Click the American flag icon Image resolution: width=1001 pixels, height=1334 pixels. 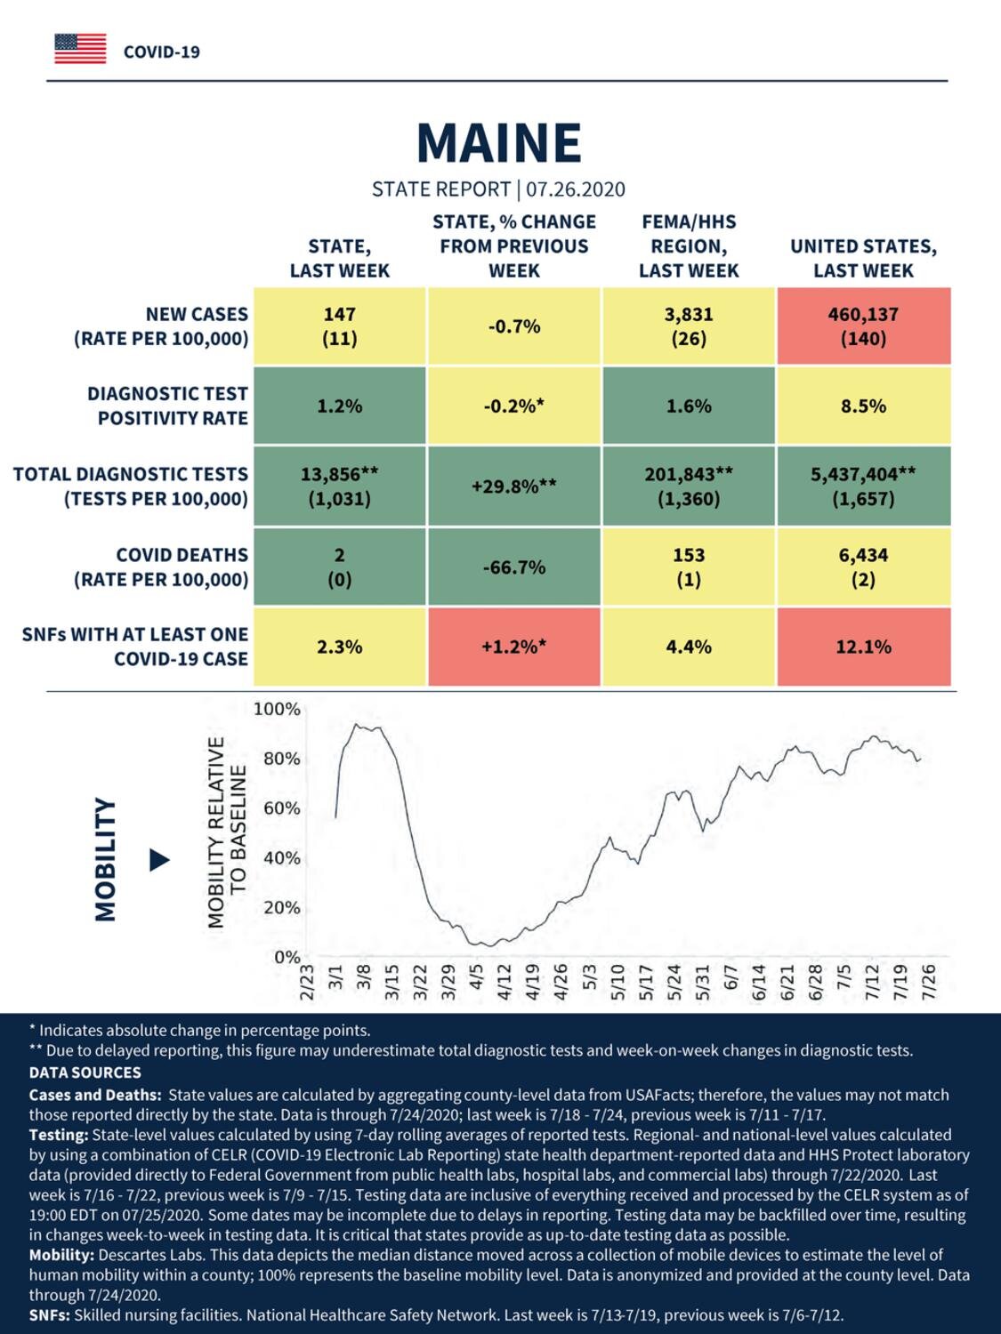click(x=80, y=49)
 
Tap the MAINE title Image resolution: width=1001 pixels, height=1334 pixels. click(x=499, y=142)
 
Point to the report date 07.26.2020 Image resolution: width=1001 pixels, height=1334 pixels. click(x=575, y=189)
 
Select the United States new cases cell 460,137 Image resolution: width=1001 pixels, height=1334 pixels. click(x=864, y=326)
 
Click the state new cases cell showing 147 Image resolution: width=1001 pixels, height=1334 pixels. click(x=340, y=326)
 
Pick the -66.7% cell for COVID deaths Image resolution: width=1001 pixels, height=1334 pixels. click(x=514, y=567)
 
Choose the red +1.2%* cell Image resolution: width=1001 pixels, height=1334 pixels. click(x=514, y=647)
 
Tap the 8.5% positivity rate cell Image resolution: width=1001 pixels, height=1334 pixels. click(x=864, y=406)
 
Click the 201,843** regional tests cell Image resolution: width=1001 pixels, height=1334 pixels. click(x=689, y=486)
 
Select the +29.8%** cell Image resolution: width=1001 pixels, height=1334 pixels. click(x=514, y=486)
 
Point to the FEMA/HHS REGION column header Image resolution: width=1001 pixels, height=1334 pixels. click(x=689, y=246)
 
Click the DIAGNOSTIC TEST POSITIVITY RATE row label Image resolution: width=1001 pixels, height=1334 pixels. click(x=168, y=406)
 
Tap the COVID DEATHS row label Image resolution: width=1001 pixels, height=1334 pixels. click(x=161, y=567)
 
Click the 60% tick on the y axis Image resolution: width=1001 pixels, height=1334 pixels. click(x=282, y=808)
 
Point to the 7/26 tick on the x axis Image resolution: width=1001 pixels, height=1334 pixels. click(x=929, y=981)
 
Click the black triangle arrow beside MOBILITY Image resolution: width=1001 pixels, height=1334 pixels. click(x=159, y=860)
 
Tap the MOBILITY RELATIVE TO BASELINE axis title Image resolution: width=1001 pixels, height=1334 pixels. click(x=227, y=832)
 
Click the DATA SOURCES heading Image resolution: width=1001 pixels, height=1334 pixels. click(x=85, y=1073)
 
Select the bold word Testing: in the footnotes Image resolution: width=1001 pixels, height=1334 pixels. click(x=59, y=1135)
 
